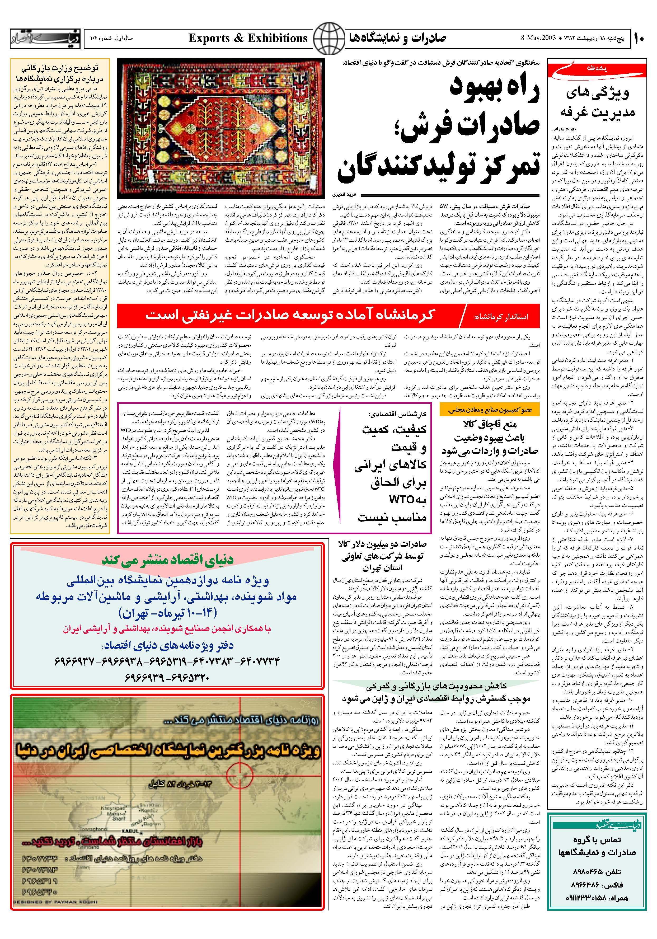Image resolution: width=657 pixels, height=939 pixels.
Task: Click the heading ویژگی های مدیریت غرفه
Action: click(x=597, y=102)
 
